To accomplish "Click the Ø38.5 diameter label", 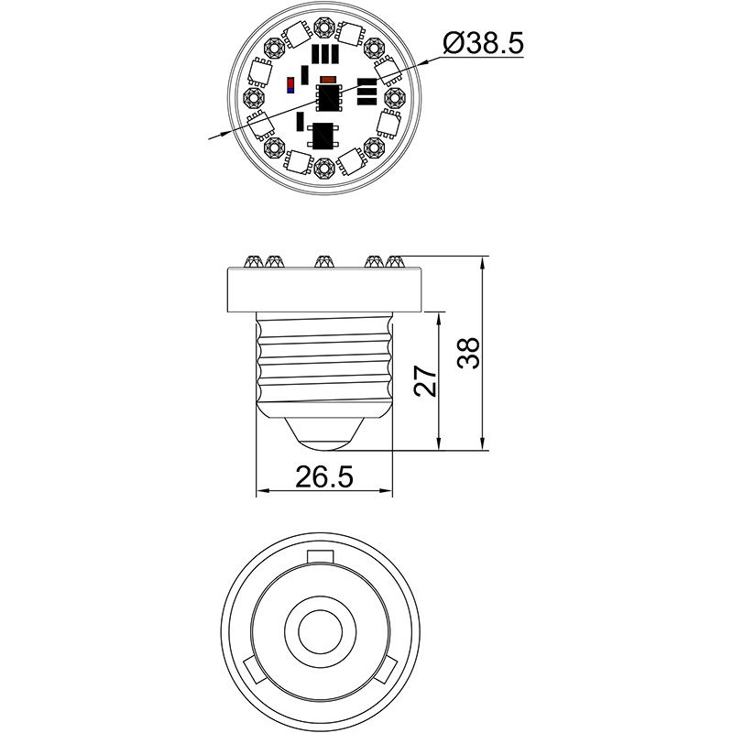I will point(483,43).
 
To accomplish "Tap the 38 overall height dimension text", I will point(468,353).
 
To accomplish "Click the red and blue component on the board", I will point(291,86).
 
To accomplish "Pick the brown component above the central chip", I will point(329,79).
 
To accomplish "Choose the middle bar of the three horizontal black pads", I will point(366,92).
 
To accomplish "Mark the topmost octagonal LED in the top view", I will point(323,25).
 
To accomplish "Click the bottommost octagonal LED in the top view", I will point(323,168).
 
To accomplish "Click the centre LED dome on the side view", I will point(323,262).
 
